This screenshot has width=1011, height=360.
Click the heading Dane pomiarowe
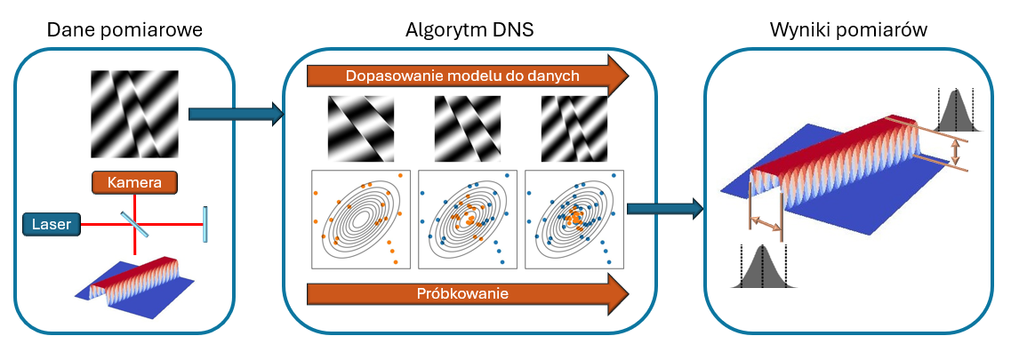click(124, 30)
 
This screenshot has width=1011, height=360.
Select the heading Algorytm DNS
click(469, 30)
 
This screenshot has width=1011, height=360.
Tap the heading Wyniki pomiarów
click(848, 30)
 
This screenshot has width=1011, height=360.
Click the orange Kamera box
click(134, 183)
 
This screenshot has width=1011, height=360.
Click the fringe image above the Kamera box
click(136, 114)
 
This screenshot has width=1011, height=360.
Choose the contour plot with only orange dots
click(359, 219)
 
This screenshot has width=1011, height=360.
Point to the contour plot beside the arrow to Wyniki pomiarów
click(574, 219)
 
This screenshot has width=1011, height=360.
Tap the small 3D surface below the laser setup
click(134, 283)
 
